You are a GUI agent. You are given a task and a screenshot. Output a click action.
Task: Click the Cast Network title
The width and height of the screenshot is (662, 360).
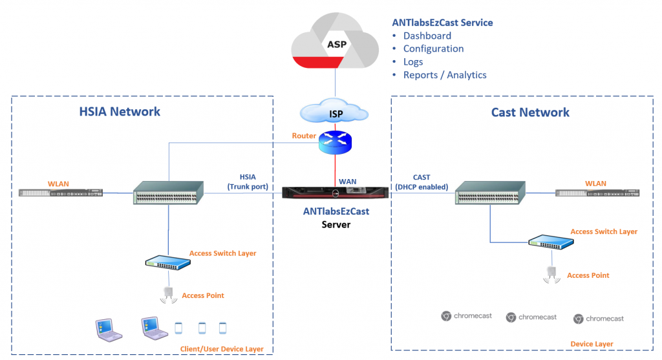530,112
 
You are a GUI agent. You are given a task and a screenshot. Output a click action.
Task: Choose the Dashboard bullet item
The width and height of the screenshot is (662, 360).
427,36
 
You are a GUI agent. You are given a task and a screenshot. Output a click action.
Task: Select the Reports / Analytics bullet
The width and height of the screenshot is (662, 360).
444,75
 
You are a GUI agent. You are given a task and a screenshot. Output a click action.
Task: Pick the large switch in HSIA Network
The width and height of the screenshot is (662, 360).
168,193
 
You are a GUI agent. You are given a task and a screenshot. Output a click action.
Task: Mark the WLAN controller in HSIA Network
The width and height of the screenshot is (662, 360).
60,192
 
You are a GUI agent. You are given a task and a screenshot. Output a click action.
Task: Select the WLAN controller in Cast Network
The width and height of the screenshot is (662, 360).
596,193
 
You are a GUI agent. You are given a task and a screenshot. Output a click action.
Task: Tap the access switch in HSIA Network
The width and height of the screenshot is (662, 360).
167,262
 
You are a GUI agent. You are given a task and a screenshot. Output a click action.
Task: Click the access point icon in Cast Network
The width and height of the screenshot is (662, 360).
551,275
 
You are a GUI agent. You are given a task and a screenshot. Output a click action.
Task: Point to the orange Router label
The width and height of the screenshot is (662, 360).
304,136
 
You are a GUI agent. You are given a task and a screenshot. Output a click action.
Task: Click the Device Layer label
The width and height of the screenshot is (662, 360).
592,344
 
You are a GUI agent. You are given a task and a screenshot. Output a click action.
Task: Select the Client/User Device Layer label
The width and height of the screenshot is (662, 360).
222,349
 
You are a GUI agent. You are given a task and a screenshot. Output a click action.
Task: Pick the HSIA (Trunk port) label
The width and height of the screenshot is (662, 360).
248,182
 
